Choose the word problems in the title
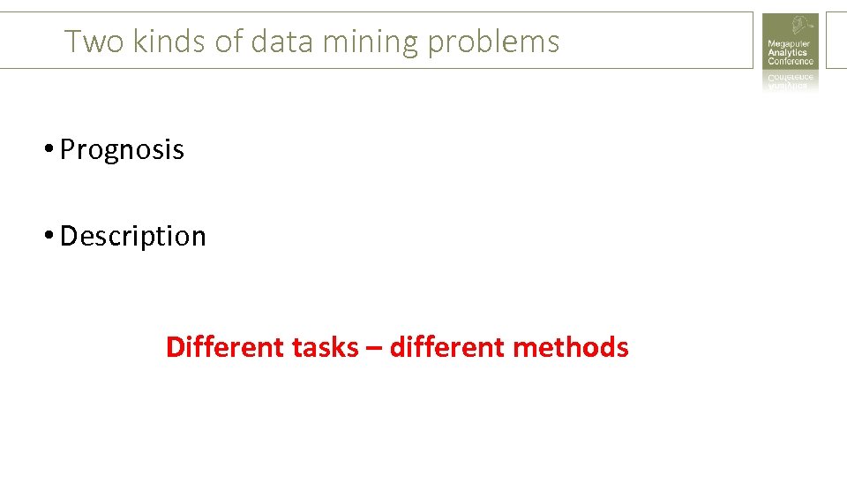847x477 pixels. coord(492,42)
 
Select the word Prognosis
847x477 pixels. coord(122,150)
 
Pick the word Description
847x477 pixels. coord(132,237)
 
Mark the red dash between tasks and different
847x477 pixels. coord(374,348)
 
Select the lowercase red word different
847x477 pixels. coord(446,347)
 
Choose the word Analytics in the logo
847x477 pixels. coord(787,53)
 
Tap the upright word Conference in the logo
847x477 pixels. coord(790,62)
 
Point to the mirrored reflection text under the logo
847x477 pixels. coord(790,80)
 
